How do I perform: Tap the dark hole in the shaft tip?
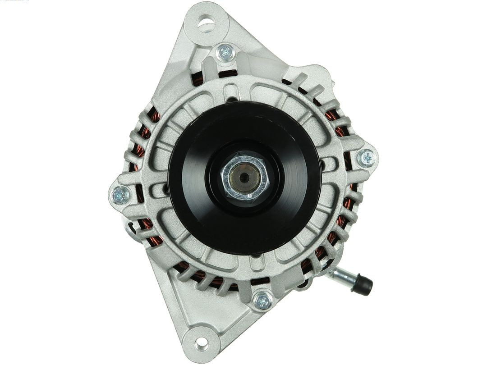(x=243, y=178)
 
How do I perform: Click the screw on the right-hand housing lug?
(x=367, y=158)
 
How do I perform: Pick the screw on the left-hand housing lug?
(x=120, y=195)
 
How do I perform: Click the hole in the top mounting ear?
(x=207, y=23)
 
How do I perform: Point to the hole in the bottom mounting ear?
(x=202, y=342)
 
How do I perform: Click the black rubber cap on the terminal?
(x=364, y=285)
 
